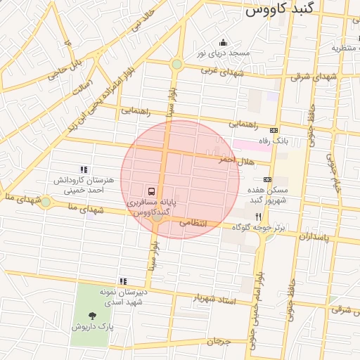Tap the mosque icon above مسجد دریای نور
(x=224, y=42)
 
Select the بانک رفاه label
(x=294, y=141)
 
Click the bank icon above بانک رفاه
(x=274, y=130)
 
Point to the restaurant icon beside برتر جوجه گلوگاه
(x=258, y=217)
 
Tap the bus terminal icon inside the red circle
(x=151, y=191)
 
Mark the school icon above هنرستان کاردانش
(x=84, y=169)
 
